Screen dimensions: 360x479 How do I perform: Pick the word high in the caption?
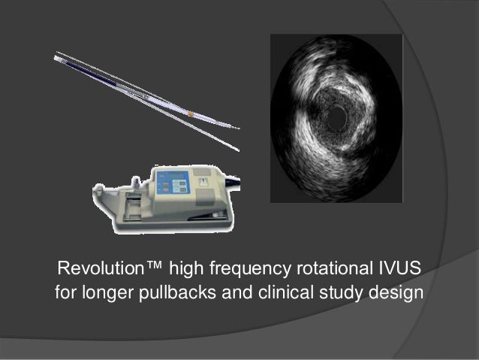[x=183, y=269]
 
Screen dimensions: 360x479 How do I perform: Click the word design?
[x=397, y=292]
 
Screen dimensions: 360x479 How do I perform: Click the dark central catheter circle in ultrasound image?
[x=336, y=116]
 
